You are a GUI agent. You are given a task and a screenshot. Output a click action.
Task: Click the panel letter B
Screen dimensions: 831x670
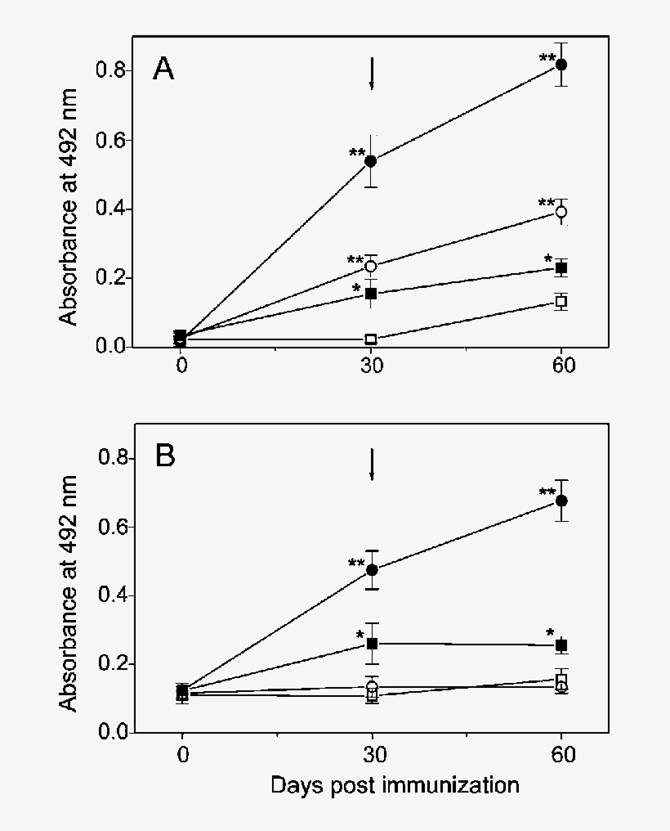point(165,456)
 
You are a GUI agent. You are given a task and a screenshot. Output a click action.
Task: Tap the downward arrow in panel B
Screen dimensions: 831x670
point(372,465)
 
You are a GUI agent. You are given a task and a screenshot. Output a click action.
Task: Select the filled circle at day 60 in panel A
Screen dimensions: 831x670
point(561,65)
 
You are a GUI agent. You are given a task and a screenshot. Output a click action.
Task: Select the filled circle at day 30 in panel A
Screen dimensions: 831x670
point(371,161)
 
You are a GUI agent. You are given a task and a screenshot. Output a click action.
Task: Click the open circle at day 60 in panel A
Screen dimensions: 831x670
point(561,212)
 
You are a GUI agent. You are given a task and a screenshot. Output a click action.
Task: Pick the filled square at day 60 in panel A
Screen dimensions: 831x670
point(561,268)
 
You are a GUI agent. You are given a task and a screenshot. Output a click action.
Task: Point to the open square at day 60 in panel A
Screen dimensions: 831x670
point(561,302)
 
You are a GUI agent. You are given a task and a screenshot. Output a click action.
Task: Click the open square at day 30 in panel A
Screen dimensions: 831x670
point(372,339)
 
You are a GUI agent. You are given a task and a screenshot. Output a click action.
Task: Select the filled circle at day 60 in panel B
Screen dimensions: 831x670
point(561,501)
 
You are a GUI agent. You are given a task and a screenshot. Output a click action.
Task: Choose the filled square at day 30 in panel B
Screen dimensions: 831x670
point(373,644)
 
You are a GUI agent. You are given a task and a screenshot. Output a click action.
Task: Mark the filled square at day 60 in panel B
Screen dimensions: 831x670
point(561,645)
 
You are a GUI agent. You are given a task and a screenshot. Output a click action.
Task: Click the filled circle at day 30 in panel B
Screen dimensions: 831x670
point(372,570)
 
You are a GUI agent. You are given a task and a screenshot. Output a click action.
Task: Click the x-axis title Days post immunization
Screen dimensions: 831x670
point(395,786)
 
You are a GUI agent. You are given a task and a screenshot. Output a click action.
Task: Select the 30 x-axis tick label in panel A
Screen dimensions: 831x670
point(372,366)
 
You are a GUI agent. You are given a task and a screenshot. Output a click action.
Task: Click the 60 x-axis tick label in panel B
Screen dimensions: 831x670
point(561,753)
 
